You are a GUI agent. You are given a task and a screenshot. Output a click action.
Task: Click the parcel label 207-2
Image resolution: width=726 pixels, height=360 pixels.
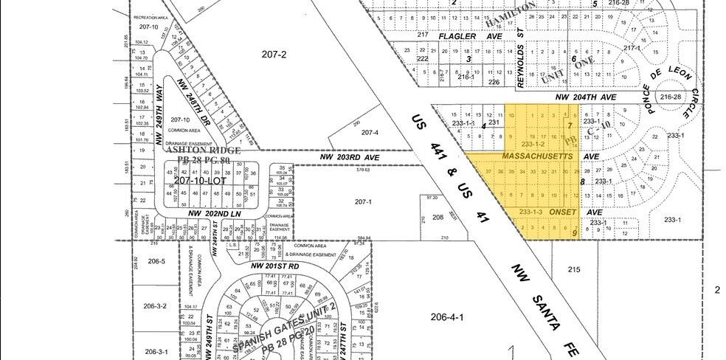click(273, 54)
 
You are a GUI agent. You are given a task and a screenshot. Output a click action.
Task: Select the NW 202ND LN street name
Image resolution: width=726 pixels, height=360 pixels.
click(215, 213)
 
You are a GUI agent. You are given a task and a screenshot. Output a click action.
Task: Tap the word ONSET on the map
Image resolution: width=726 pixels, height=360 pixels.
click(564, 212)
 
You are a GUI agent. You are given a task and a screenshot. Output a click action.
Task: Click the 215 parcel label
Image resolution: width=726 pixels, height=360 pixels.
click(575, 271)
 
